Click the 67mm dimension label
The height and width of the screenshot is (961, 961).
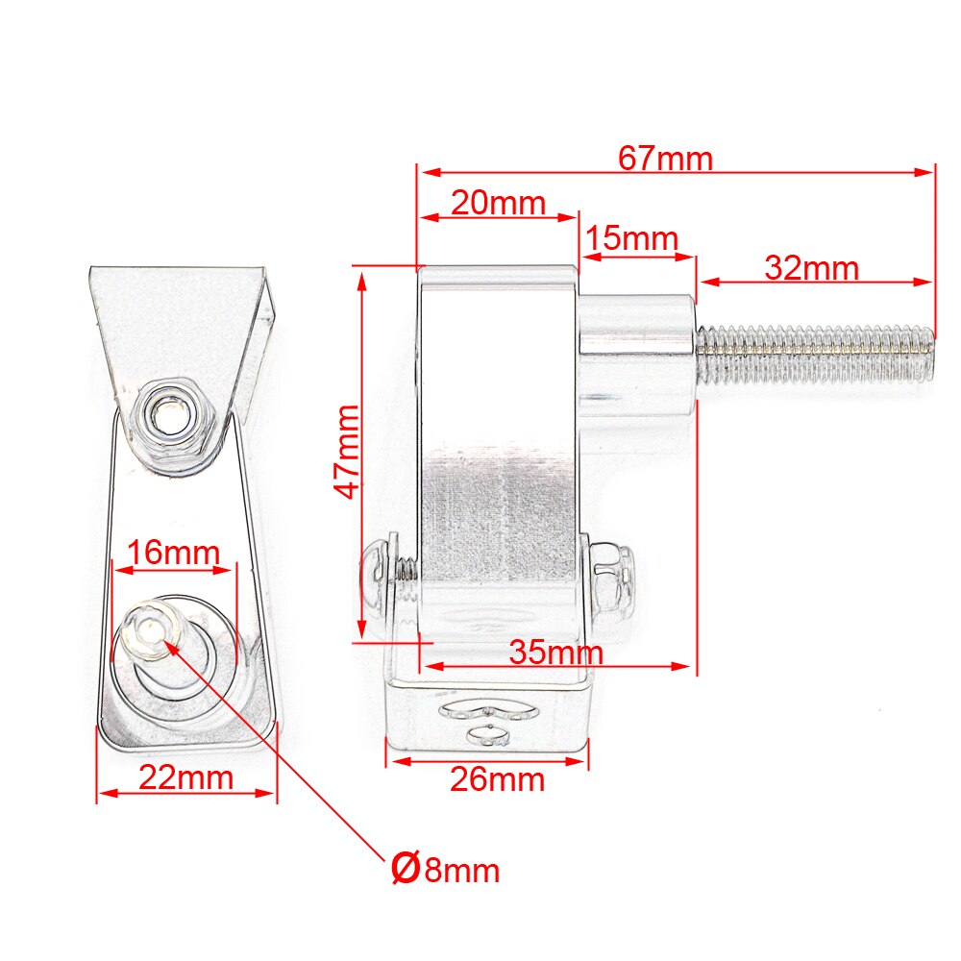point(665,158)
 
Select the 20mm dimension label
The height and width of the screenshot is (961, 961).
point(498,204)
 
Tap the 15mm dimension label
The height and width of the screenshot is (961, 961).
point(631,239)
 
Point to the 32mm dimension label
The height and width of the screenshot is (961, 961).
point(812,268)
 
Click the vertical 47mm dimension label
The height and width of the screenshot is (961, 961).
point(346,452)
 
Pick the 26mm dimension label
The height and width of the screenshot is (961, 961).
point(497,779)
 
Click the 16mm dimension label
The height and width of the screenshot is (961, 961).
point(174,554)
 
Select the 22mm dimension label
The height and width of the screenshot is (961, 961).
point(185,776)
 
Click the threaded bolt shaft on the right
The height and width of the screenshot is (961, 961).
point(817,353)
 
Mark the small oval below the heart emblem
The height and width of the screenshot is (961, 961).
point(487,737)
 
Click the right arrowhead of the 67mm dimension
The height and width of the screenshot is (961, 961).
point(930,172)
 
